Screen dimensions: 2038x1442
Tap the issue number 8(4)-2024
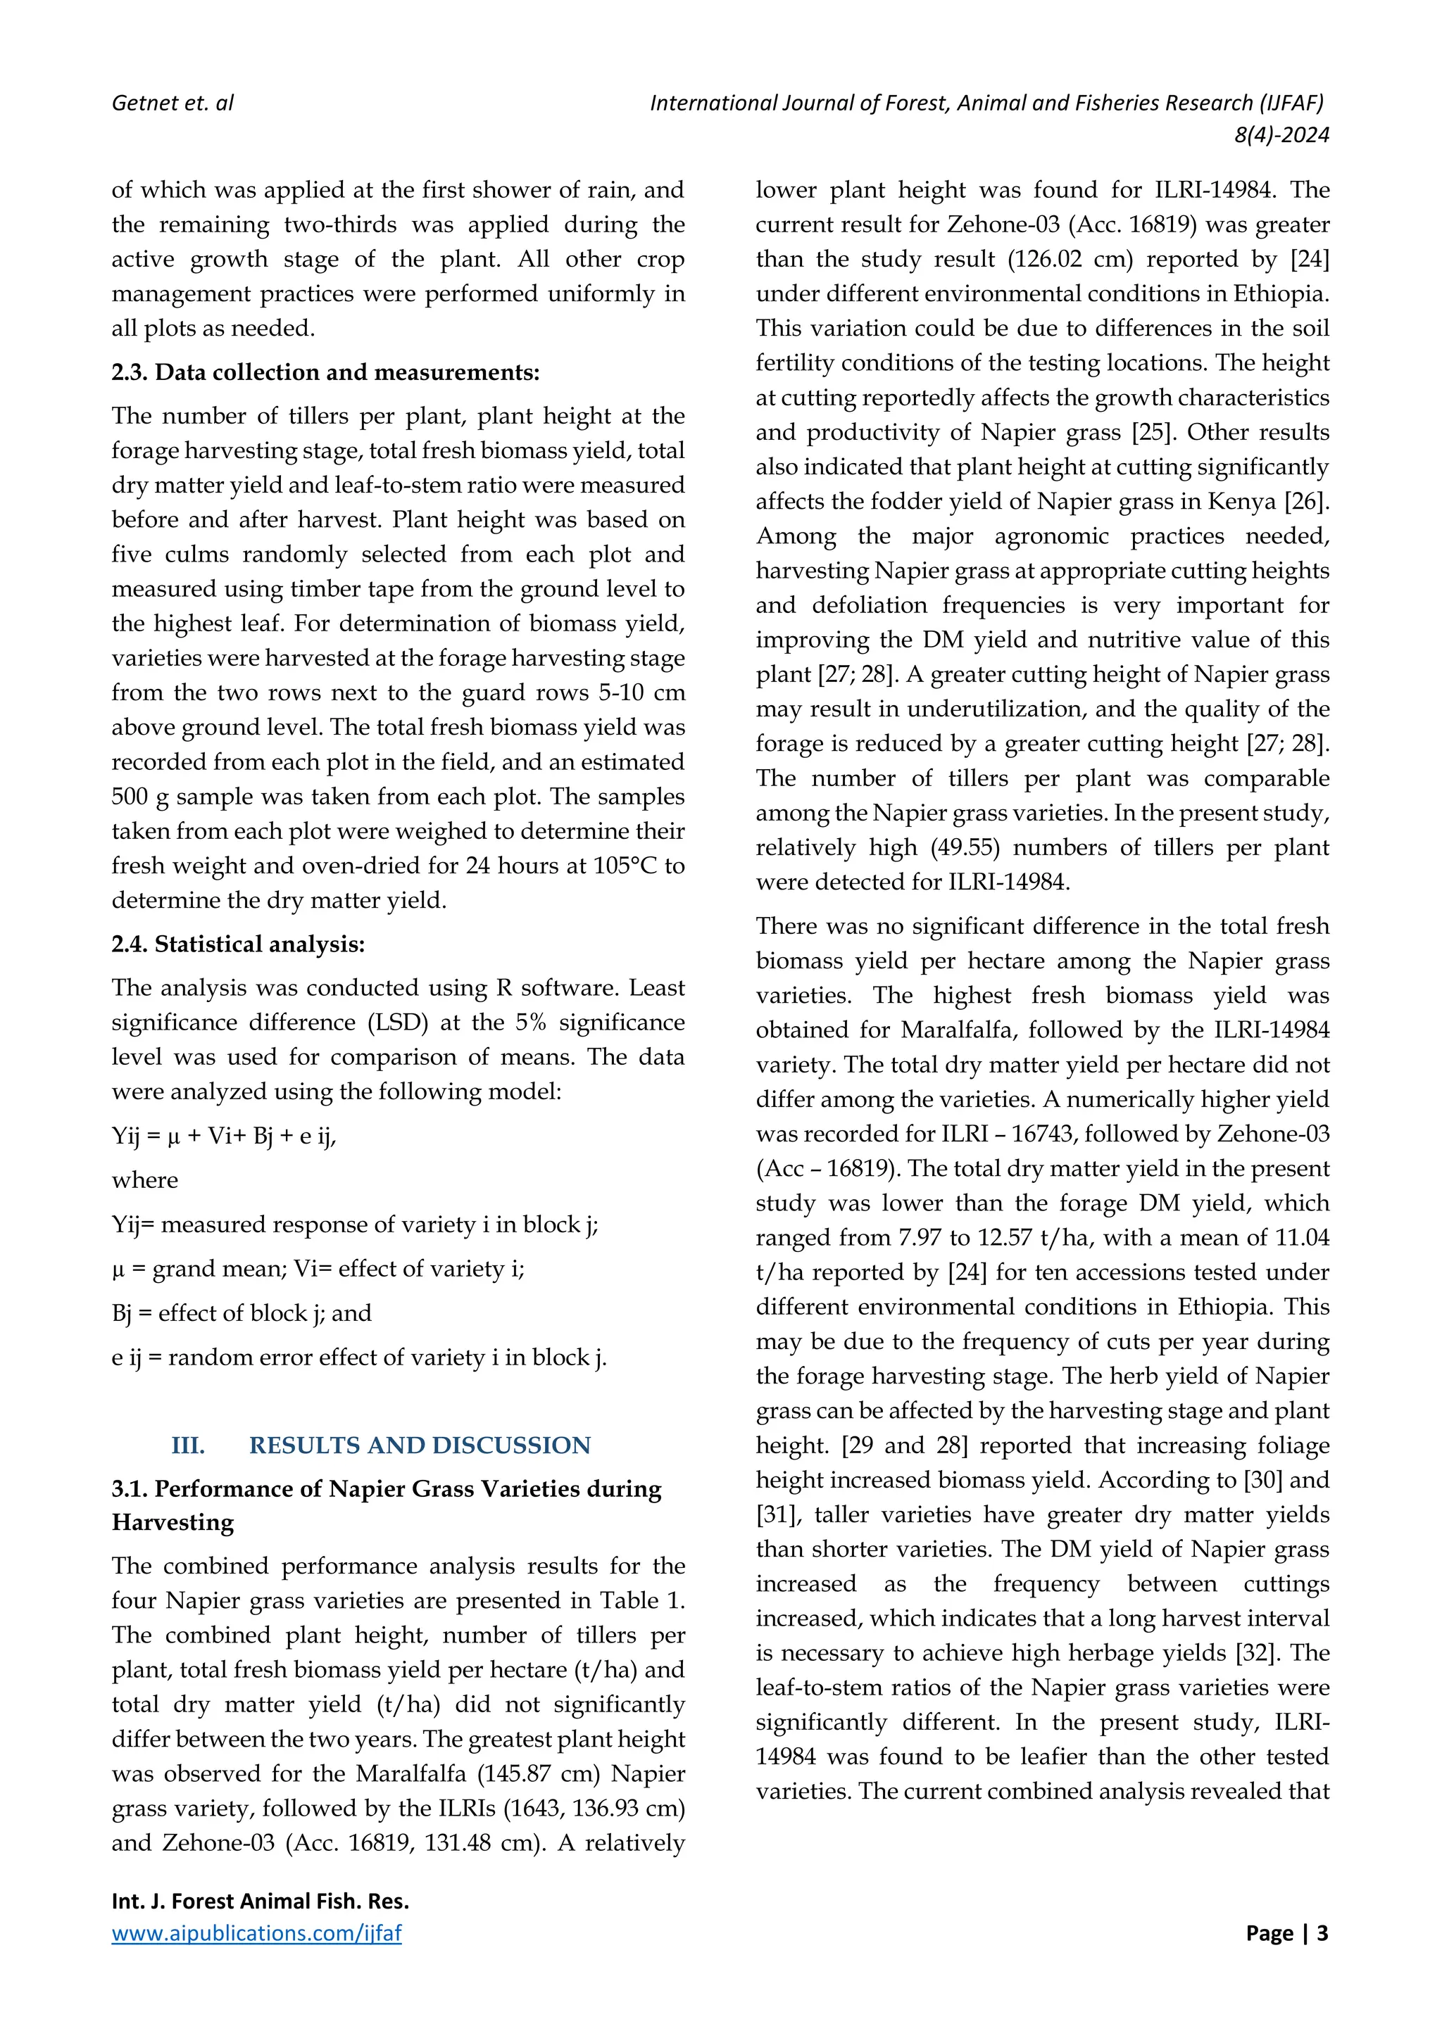pyautogui.click(x=1281, y=135)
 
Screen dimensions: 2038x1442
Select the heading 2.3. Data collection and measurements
pyautogui.click(x=325, y=372)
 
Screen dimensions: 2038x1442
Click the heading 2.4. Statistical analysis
pyautogui.click(x=238, y=944)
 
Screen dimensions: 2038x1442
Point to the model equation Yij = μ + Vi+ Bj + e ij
pyautogui.click(x=224, y=1135)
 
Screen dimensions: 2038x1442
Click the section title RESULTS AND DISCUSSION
pyautogui.click(x=419, y=1445)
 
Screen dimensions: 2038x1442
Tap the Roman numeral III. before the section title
pyautogui.click(x=188, y=1445)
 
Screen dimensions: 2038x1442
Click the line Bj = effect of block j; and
pyautogui.click(x=242, y=1312)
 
